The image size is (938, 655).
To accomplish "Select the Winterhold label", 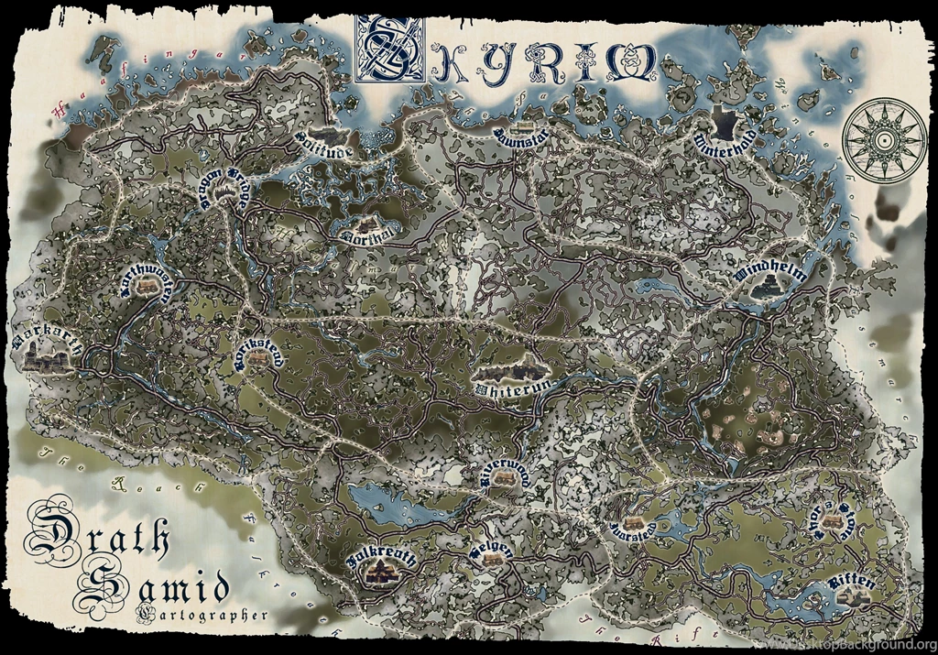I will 725,143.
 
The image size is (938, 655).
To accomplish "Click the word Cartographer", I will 201,614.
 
